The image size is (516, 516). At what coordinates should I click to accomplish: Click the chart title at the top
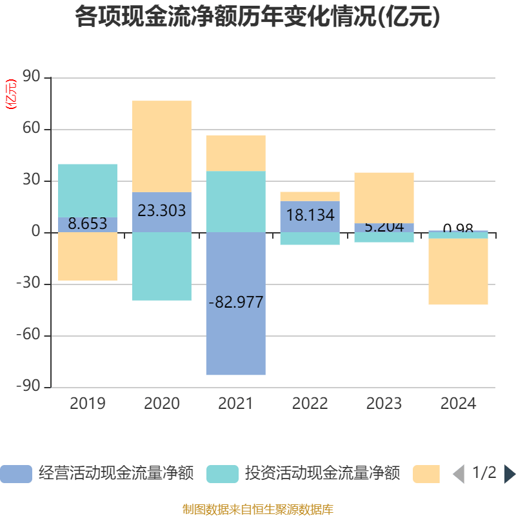pyautogui.click(x=257, y=17)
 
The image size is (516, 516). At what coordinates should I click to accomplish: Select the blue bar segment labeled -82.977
pyautogui.click(x=235, y=335)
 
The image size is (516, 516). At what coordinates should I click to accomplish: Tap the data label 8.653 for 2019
pyautogui.click(x=88, y=224)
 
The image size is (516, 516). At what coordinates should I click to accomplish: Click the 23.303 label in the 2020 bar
pyautogui.click(x=161, y=210)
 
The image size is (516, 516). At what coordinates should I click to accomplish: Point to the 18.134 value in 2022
pyautogui.click(x=310, y=215)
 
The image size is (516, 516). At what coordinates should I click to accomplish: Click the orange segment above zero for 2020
pyautogui.click(x=161, y=146)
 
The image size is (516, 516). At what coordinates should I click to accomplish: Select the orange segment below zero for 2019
pyautogui.click(x=88, y=257)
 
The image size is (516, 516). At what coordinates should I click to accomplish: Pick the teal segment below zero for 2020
pyautogui.click(x=161, y=266)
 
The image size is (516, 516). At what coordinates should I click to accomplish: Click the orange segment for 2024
pyautogui.click(x=458, y=272)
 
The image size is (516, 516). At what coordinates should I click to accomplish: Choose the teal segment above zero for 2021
pyautogui.click(x=235, y=201)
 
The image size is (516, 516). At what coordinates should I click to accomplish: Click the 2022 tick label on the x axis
pyautogui.click(x=310, y=404)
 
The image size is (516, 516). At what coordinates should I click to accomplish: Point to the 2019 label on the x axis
pyautogui.click(x=88, y=404)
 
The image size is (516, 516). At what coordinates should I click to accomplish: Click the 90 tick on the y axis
pyautogui.click(x=32, y=77)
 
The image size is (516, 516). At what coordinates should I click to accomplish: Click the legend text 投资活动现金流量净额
pyautogui.click(x=322, y=474)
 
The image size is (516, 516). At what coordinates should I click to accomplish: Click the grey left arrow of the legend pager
pyautogui.click(x=459, y=474)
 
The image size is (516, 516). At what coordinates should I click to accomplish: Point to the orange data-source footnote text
pyautogui.click(x=257, y=510)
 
